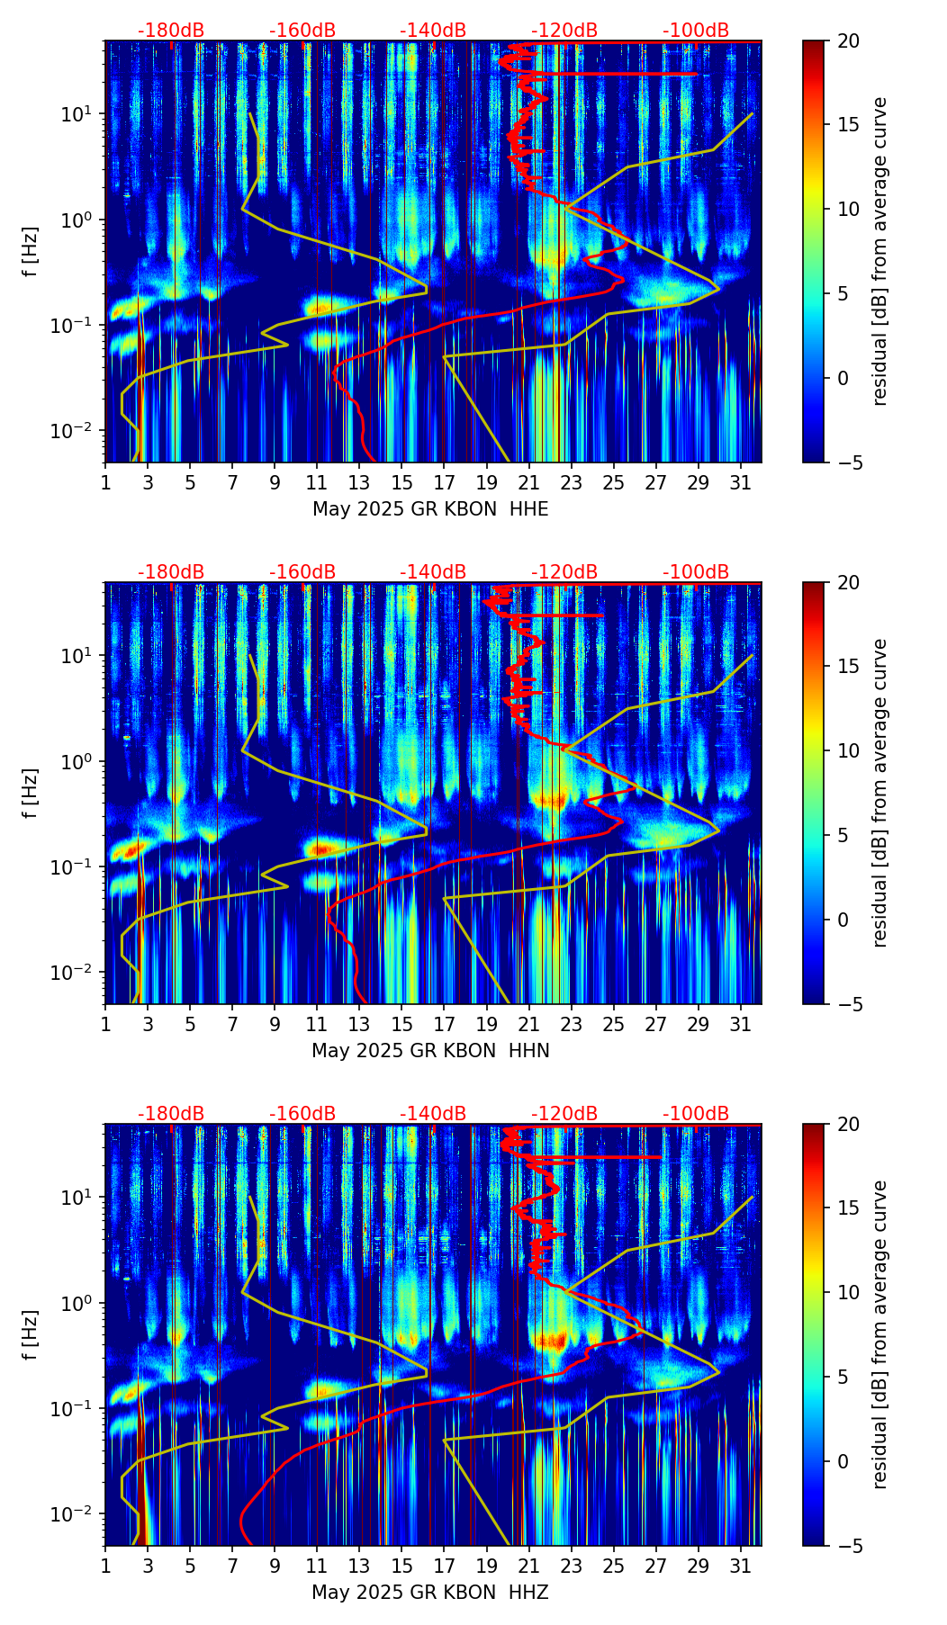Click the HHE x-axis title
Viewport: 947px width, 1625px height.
tap(430, 509)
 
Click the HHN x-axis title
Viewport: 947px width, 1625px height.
tap(430, 1051)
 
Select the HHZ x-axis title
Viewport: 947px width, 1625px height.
tap(430, 1593)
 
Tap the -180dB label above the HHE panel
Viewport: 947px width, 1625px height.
tap(171, 31)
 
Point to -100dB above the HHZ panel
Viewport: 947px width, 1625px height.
tap(696, 1114)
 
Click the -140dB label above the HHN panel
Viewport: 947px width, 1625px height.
tap(433, 572)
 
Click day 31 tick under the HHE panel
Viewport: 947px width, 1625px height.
tap(741, 483)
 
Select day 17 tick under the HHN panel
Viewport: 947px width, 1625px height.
tap(445, 1025)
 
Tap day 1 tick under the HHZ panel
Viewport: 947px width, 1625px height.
tap(105, 1567)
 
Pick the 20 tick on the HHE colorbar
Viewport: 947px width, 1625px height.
tap(848, 41)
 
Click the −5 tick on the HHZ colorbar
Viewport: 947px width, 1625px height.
tap(848, 1546)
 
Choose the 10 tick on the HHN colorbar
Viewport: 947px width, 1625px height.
tap(848, 750)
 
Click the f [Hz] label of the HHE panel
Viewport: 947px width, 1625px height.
tap(31, 251)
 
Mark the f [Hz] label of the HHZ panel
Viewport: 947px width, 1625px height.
tap(31, 1334)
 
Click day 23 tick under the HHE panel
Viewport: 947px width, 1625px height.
tap(572, 483)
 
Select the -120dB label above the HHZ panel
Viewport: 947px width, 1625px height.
tap(564, 1114)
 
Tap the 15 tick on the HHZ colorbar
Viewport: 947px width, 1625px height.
tap(848, 1208)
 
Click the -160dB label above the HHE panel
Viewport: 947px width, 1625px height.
tap(302, 31)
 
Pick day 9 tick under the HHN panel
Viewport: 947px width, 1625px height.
tap(275, 1025)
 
